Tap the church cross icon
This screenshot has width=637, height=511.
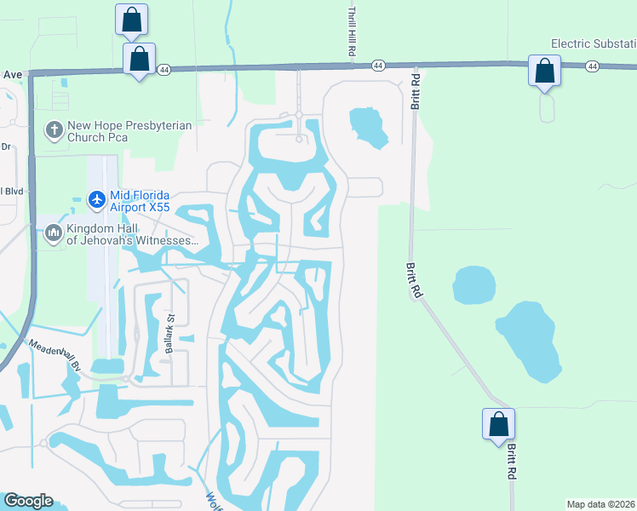54,130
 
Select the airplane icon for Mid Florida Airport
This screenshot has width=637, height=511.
96,198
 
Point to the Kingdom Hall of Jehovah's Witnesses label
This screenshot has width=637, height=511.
131,233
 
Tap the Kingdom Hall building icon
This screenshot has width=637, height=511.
54,233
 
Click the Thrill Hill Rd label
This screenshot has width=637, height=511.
351,32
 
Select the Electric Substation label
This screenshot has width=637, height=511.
594,43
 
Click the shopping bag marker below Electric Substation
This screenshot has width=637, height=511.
544,72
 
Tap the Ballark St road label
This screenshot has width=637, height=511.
169,335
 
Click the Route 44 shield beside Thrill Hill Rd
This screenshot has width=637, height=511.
378,65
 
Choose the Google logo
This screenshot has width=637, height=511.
28,501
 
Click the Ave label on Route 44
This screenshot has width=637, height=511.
11,75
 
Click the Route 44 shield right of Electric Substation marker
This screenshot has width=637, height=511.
592,66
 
